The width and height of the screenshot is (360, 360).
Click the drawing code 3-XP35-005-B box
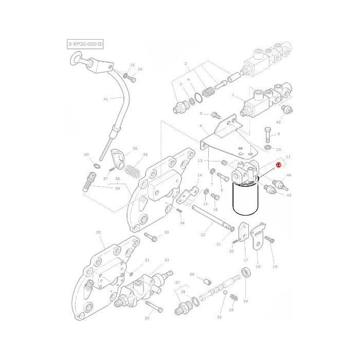pos(85,45)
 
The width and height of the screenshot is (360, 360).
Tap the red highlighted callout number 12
pos(278,165)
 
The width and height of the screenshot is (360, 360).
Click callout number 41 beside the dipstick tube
pos(106,99)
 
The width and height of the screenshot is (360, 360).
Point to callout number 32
pos(98,232)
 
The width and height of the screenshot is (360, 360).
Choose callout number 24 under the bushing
pos(245,301)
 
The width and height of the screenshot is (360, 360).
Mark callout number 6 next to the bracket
pos(201,126)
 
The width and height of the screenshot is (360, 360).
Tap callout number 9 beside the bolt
pos(278,134)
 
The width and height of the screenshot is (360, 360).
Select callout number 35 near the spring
pos(145,154)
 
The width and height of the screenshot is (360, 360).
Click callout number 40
pos(86,154)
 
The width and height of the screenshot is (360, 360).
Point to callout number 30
pos(147,318)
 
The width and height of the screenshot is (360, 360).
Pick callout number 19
pos(275,266)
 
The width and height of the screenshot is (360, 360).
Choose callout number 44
pos(289,175)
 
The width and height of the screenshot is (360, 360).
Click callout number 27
pos(177,283)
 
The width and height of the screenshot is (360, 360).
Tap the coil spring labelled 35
pos(133,169)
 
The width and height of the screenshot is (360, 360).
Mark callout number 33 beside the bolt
pos(166,233)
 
